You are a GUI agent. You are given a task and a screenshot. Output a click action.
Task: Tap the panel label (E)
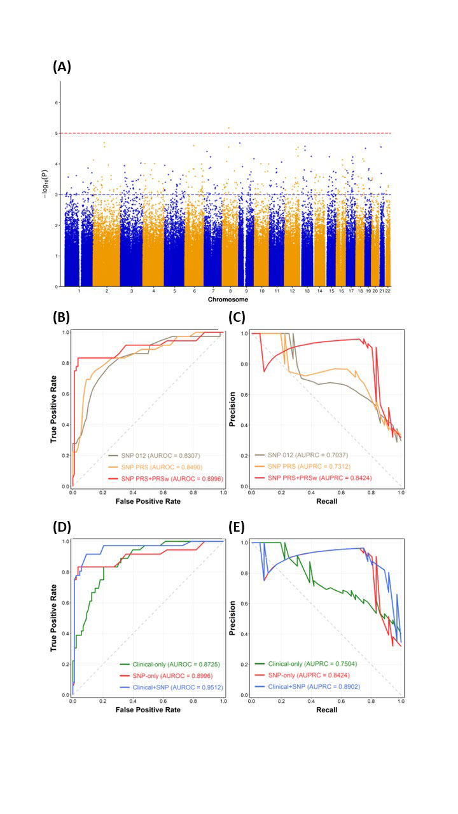pyautogui.click(x=237, y=527)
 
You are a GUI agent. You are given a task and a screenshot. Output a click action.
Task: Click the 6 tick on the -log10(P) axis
pyautogui.click(x=56, y=102)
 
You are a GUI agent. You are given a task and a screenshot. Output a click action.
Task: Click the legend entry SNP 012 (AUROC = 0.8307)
pyautogui.click(x=162, y=455)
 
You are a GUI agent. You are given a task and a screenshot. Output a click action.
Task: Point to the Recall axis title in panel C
pyautogui.click(x=327, y=501)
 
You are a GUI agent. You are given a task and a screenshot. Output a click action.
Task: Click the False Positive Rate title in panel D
pyautogui.click(x=147, y=710)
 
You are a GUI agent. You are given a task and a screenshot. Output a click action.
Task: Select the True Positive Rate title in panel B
pyautogui.click(x=54, y=409)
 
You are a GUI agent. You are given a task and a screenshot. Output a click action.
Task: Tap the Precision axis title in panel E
pyautogui.click(x=233, y=617)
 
